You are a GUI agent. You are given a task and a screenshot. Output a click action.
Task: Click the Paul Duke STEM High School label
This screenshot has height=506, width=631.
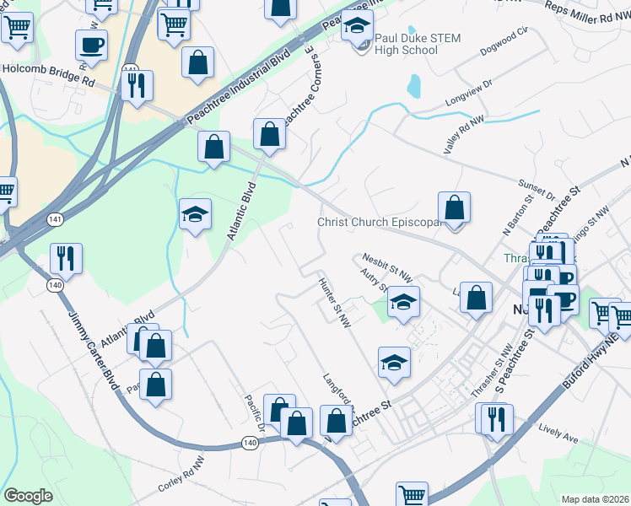click(406, 44)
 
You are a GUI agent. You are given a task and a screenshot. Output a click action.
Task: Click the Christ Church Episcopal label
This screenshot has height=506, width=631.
click(380, 223)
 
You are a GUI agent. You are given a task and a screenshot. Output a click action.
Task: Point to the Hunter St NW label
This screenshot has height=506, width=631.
click(334, 300)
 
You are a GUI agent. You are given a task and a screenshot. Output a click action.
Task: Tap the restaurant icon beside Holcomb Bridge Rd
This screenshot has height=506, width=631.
click(136, 85)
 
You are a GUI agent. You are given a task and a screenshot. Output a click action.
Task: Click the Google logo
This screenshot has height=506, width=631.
click(28, 496)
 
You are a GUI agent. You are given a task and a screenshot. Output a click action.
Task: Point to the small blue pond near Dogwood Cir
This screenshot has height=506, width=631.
click(413, 85)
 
